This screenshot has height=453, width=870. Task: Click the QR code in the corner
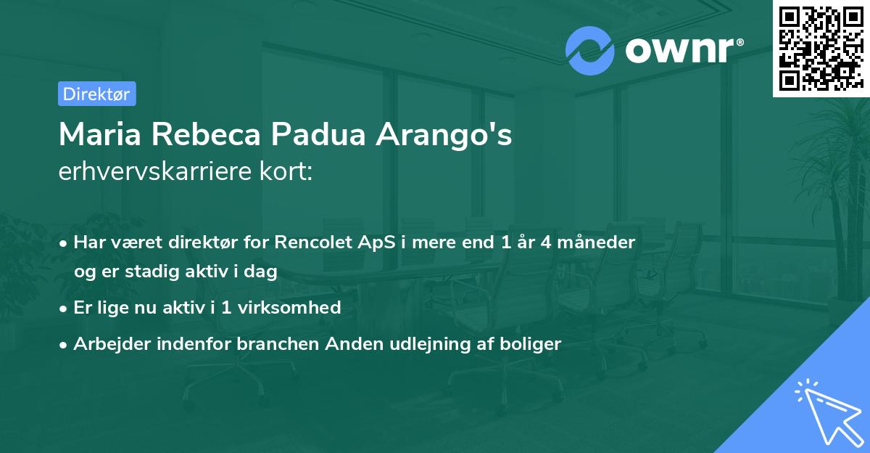(820, 48)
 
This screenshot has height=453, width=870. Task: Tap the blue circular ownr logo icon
(590, 51)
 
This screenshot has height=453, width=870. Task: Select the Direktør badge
(96, 94)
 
